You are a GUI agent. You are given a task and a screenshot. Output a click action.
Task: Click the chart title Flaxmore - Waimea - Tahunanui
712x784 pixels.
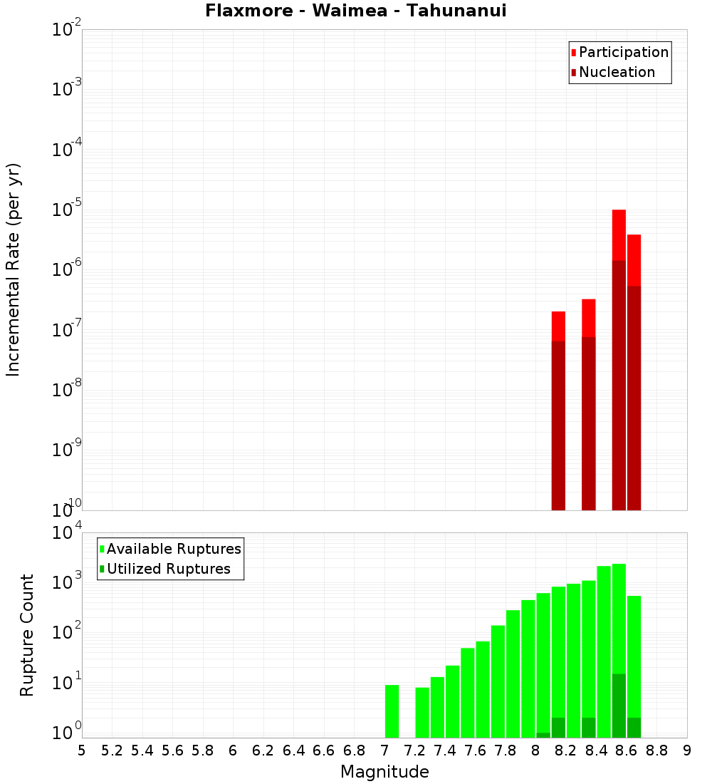pyautogui.click(x=355, y=11)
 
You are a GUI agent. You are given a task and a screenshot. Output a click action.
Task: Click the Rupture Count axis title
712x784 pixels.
pyautogui.click(x=27, y=634)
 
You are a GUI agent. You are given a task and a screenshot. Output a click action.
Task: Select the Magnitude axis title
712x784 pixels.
pyautogui.click(x=384, y=771)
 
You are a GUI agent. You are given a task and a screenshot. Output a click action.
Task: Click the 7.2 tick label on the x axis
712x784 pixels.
pyautogui.click(x=415, y=751)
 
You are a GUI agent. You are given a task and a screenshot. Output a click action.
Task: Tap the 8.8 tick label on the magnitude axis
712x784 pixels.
pyautogui.click(x=657, y=751)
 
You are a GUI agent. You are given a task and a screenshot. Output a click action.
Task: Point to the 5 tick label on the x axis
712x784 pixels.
pyautogui.click(x=82, y=751)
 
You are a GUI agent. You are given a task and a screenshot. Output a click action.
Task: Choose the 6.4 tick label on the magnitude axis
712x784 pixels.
pyautogui.click(x=294, y=751)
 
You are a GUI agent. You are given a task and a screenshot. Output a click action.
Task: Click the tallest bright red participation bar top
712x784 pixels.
pyautogui.click(x=619, y=212)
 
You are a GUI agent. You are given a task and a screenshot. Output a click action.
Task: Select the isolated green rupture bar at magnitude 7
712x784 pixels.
pyautogui.click(x=392, y=711)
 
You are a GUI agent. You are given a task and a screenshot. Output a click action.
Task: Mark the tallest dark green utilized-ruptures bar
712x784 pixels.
pyautogui.click(x=619, y=706)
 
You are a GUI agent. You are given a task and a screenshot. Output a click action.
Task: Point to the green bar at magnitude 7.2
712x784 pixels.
pyautogui.click(x=422, y=712)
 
